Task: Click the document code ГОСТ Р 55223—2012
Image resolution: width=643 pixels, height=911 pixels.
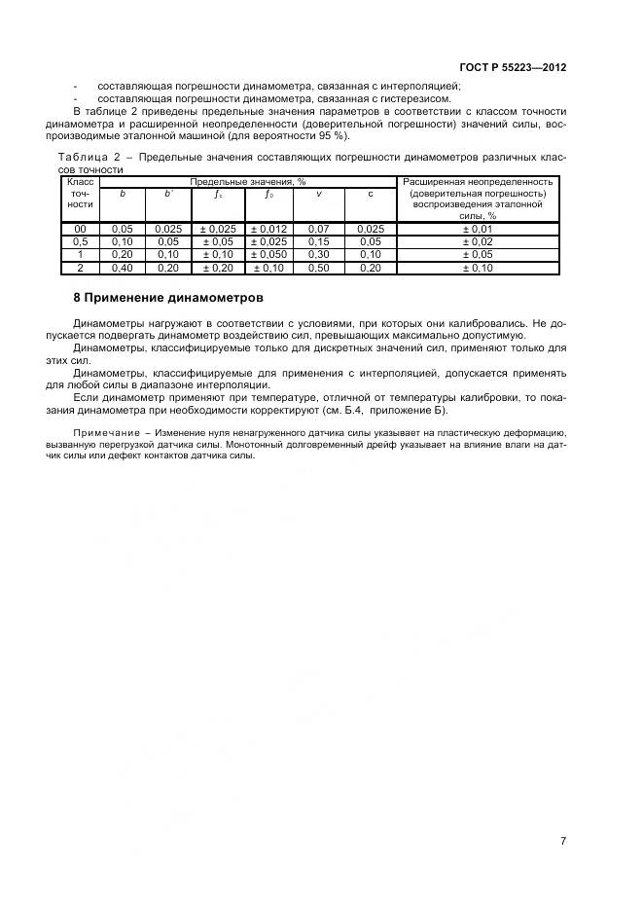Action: coord(513,67)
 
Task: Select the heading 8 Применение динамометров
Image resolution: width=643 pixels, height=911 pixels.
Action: coord(168,297)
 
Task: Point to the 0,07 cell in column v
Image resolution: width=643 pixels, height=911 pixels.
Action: coord(319,229)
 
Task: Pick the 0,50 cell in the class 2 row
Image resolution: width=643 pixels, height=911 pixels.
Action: coord(319,267)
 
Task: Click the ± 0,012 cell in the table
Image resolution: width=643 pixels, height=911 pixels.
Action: coord(268,229)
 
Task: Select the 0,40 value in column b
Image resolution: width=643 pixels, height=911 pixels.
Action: coord(122,267)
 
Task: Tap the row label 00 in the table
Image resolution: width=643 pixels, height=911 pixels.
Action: coord(81,229)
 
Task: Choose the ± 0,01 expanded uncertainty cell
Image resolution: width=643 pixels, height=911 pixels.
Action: coord(478,229)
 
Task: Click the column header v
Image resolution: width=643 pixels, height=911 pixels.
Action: coord(319,194)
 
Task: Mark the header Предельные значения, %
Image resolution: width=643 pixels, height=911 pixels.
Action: coord(248,182)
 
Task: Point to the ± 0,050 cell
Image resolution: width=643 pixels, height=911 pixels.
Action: coord(268,254)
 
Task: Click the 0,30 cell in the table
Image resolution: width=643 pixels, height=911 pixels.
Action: coord(319,254)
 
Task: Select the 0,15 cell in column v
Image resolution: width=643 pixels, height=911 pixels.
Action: coord(319,241)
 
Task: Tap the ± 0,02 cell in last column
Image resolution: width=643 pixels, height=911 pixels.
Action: coord(478,241)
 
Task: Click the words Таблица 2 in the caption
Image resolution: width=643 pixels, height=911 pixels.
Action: coord(93,158)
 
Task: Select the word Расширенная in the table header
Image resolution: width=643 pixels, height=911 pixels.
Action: coord(433,182)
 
